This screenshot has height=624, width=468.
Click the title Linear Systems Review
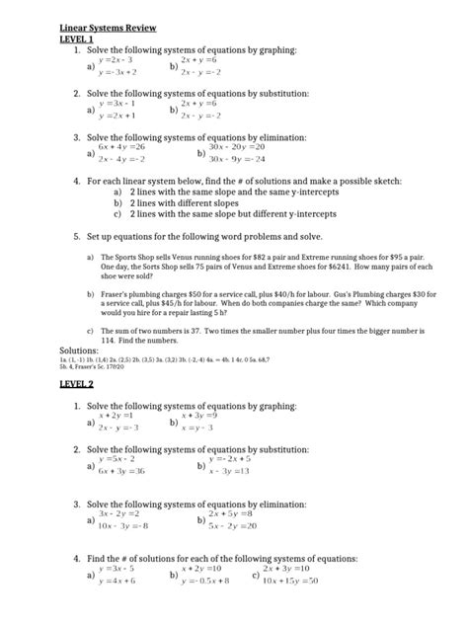[x=109, y=29]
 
